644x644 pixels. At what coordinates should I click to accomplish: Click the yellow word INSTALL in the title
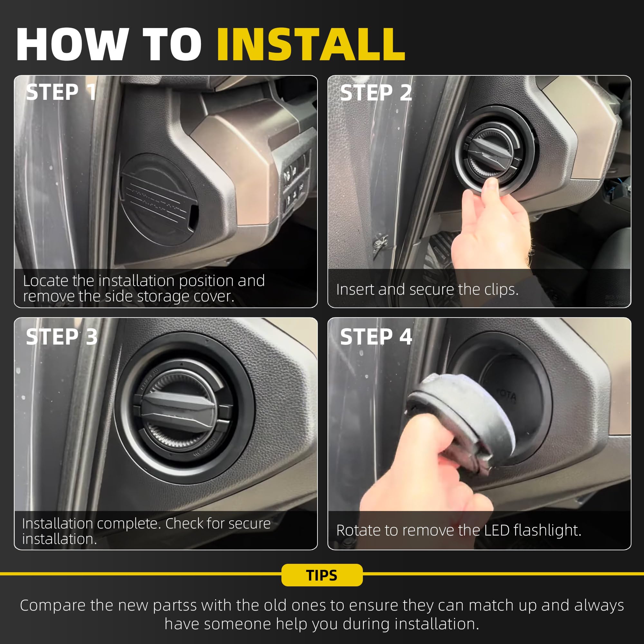[x=311, y=44]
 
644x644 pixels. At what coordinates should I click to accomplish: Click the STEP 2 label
[x=376, y=92]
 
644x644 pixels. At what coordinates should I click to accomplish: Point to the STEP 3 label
[x=62, y=337]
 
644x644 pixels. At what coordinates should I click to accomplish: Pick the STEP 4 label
[x=376, y=337]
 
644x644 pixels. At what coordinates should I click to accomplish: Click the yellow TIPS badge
[x=322, y=575]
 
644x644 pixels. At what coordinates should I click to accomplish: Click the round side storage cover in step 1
[x=159, y=199]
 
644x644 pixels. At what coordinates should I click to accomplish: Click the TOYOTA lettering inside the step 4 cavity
[x=506, y=395]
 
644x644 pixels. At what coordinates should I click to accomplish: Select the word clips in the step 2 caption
[x=501, y=289]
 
